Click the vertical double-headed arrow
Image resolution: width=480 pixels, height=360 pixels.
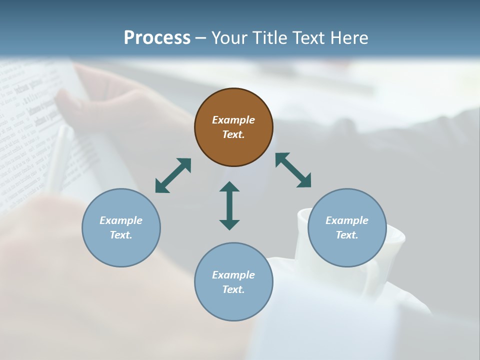pos(229,205)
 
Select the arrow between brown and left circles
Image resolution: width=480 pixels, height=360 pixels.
pos(173,175)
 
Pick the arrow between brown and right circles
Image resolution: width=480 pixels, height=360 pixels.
pos(293,170)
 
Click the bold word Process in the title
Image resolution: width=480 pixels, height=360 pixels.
pos(157,38)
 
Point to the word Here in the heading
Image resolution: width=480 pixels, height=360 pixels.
pos(350,38)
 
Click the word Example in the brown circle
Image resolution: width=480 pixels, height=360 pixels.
pos(233,120)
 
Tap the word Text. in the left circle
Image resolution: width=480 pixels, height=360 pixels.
pos(121,235)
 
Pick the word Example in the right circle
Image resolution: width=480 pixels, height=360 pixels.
pos(347,220)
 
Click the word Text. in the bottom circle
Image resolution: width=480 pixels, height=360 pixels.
pos(233,289)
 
